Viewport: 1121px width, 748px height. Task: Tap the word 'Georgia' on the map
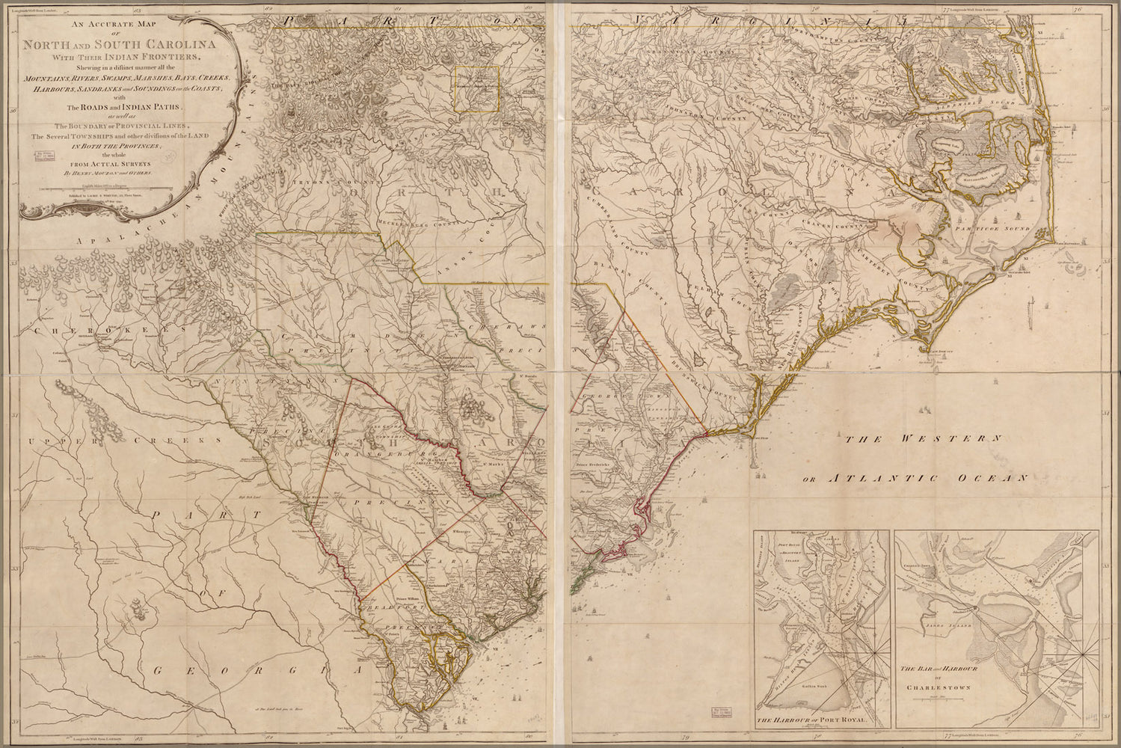point(254,671)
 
